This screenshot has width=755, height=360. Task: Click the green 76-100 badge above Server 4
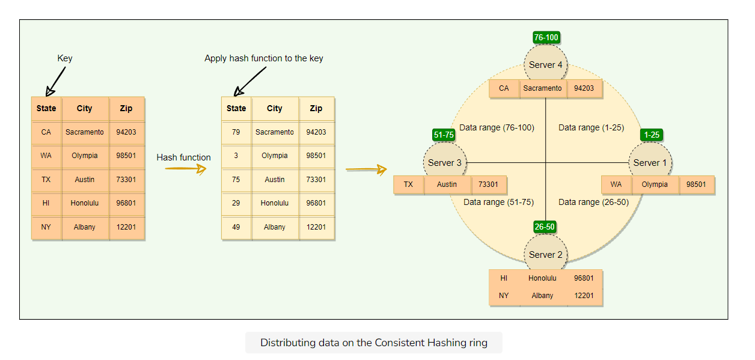(x=546, y=37)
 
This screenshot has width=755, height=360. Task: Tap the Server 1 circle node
(x=650, y=162)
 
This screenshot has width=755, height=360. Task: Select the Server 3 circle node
(x=445, y=162)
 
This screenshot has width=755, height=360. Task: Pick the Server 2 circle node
(x=546, y=254)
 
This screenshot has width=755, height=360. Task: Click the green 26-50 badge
(x=544, y=227)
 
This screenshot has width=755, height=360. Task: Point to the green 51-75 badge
(x=444, y=135)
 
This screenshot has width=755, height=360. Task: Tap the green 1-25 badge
(x=652, y=135)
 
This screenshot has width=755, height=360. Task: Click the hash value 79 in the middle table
(x=236, y=132)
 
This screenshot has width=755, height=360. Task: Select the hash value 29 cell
(x=236, y=203)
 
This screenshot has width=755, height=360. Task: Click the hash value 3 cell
(x=236, y=156)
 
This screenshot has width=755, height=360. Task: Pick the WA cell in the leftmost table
(x=46, y=156)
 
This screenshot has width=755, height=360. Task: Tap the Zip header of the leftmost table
(x=126, y=109)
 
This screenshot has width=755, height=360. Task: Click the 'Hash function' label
(x=183, y=157)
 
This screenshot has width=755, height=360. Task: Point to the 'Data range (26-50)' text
(x=593, y=203)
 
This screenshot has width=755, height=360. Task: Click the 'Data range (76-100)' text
(x=497, y=127)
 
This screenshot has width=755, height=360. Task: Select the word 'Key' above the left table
(x=65, y=58)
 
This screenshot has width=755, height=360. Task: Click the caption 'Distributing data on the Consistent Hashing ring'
(x=373, y=343)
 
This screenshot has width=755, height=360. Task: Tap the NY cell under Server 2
(x=504, y=296)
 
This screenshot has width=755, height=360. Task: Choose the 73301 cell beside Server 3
(x=489, y=185)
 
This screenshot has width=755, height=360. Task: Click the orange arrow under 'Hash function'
(x=186, y=169)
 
